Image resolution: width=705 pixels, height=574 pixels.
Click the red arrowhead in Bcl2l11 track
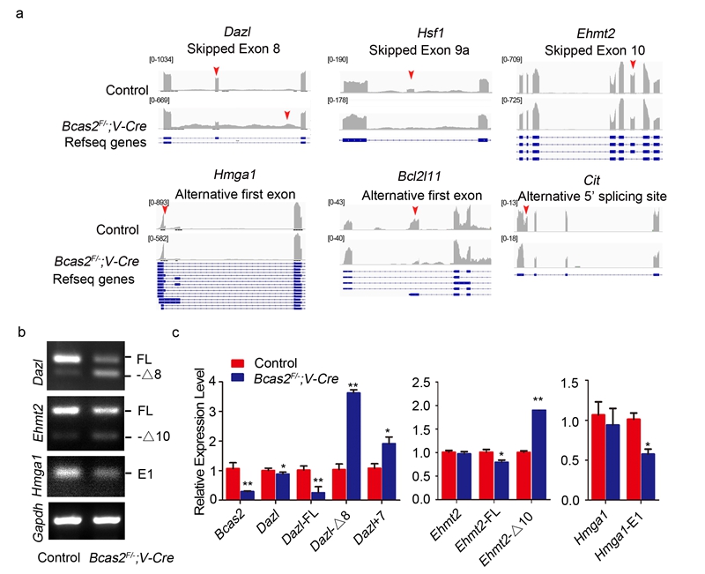pos(414,210)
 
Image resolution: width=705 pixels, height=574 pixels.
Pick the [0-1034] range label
pos(160,58)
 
